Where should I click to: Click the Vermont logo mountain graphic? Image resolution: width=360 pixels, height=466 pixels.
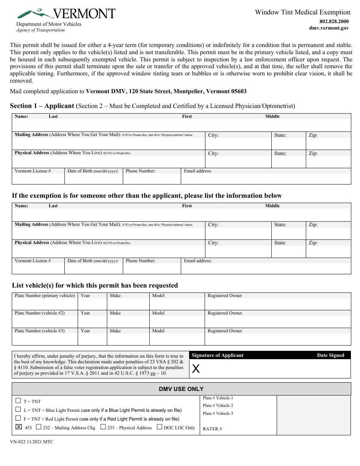tap(34, 14)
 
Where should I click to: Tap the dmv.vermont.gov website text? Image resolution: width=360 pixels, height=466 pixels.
tap(329, 28)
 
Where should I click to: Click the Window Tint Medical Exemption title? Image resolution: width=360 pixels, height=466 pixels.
tap(302, 12)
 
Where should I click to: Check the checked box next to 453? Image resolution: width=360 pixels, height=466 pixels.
tap(18, 427)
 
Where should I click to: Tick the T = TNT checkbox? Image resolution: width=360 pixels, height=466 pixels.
tap(18, 400)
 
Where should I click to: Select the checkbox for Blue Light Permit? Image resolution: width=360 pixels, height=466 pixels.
tap(18, 410)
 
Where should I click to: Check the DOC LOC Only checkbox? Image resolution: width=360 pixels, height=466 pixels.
tap(160, 427)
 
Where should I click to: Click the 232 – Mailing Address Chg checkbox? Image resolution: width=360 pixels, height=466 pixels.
tap(38, 427)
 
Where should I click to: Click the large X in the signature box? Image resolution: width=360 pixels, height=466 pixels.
tap(196, 369)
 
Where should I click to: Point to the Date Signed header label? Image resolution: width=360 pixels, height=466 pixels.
tap(330, 355)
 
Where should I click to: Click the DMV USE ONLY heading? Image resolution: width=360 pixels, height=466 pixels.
tap(181, 389)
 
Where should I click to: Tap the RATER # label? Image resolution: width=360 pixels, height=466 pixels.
tap(212, 429)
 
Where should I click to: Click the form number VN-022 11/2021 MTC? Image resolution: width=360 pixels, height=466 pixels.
tap(32, 442)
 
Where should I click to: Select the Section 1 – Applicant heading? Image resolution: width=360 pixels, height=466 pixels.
tap(42, 106)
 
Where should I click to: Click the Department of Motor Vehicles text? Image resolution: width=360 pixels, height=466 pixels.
tap(49, 24)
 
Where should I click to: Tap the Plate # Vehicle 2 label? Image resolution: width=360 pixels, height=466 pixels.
tap(218, 406)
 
